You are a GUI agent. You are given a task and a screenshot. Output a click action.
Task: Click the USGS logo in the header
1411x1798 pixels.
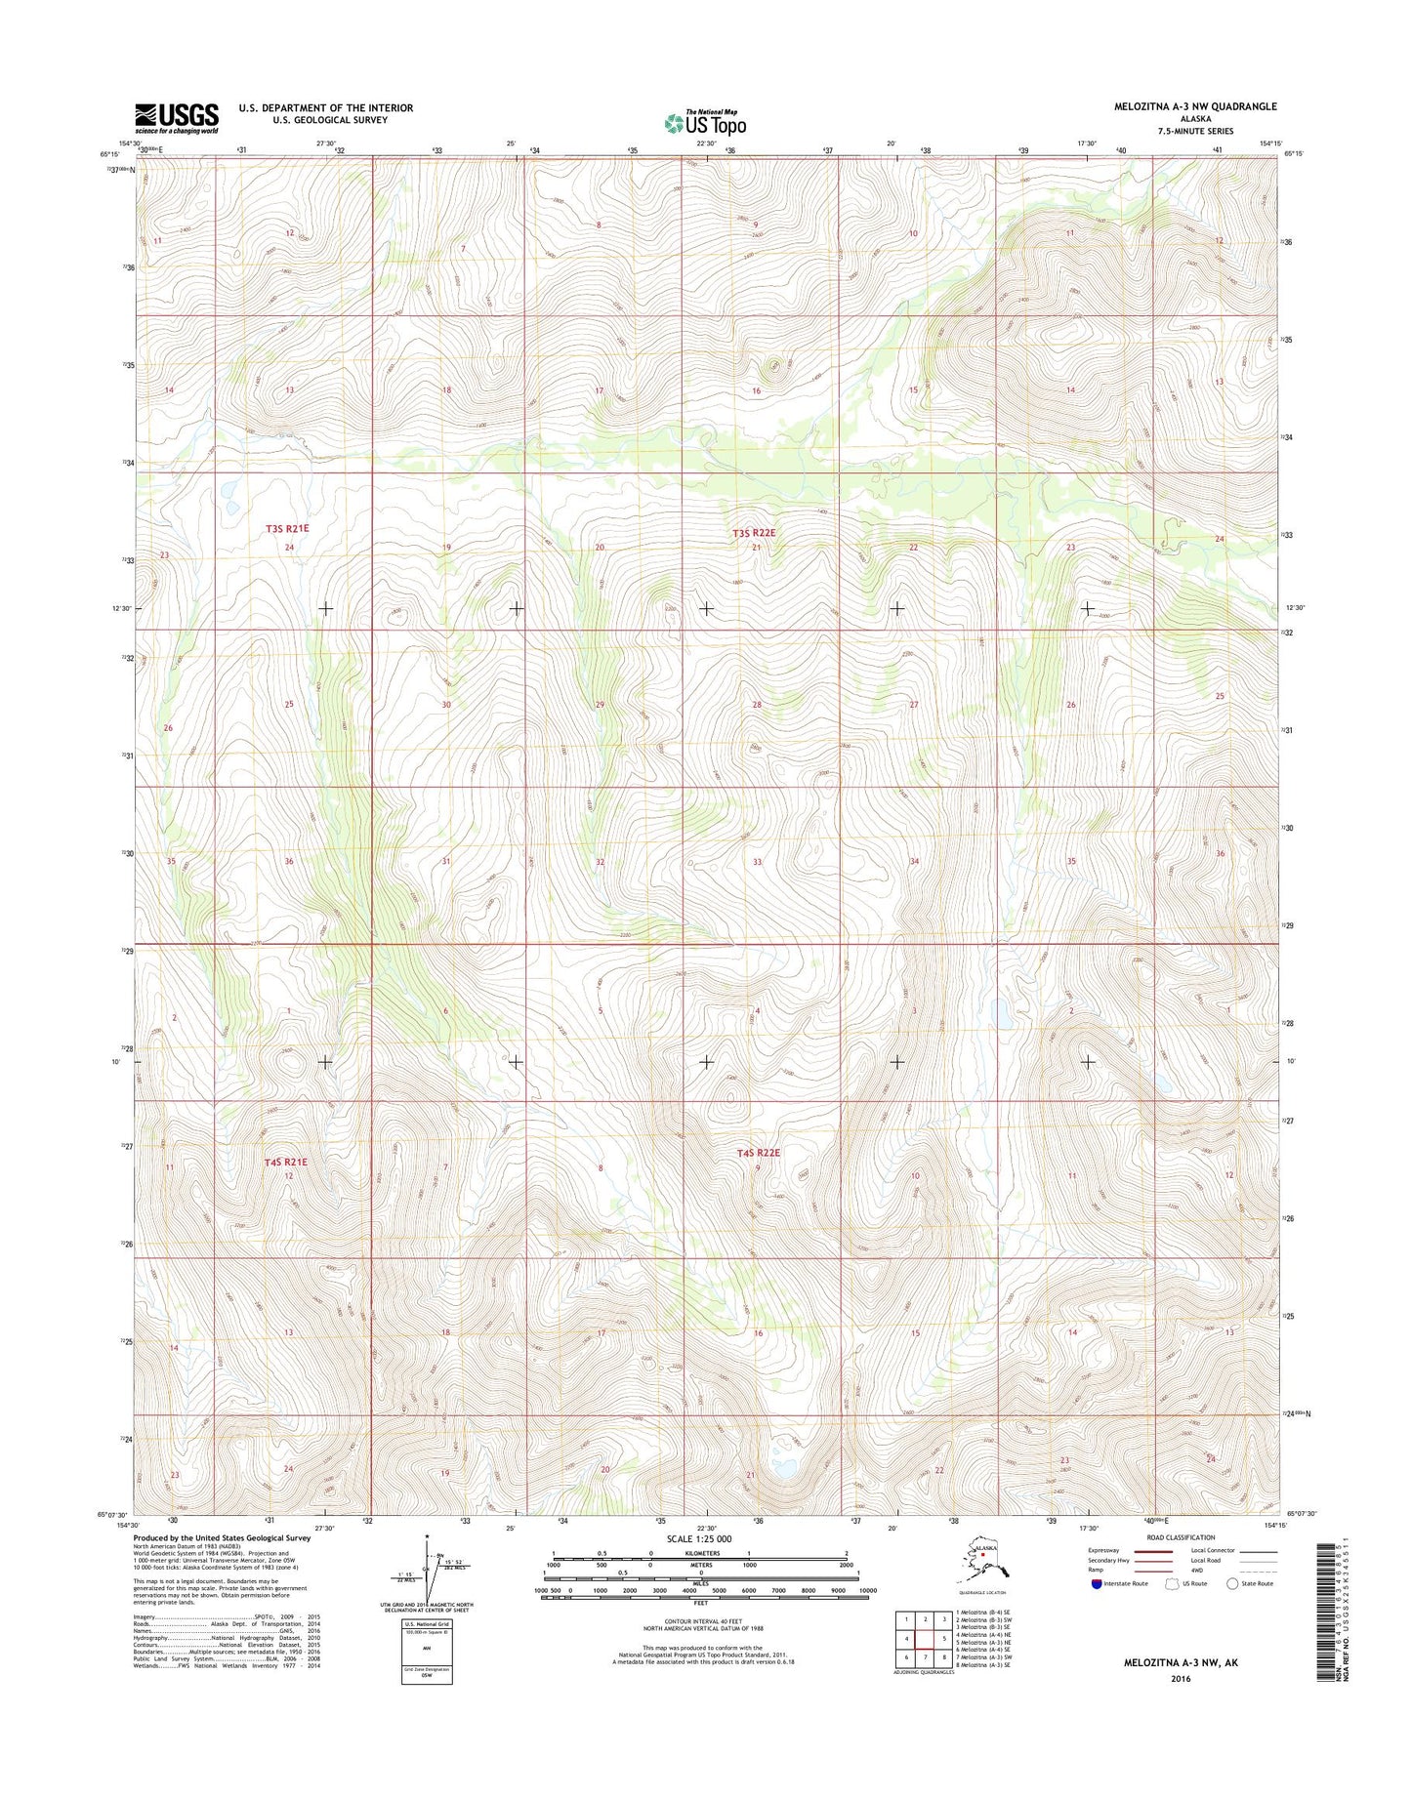tap(177, 118)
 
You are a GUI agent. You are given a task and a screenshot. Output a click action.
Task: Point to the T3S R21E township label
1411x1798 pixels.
tap(287, 529)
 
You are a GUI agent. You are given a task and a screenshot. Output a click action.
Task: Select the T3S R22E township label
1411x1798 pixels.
tap(754, 533)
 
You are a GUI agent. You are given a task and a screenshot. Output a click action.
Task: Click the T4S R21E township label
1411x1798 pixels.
tap(285, 1162)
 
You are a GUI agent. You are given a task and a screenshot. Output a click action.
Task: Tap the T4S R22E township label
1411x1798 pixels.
tap(759, 1153)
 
